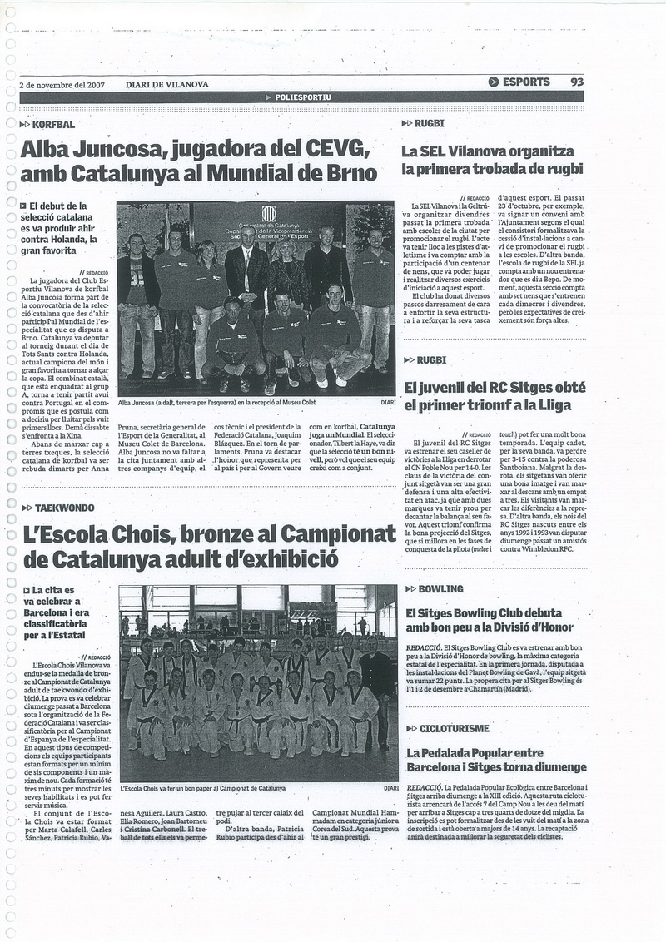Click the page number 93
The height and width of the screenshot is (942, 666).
(x=577, y=82)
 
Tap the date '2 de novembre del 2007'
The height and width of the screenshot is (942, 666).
(x=62, y=84)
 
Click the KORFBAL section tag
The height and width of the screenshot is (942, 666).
(x=53, y=124)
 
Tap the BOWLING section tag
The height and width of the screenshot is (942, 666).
(x=440, y=588)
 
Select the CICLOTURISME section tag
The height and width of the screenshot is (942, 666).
(x=453, y=728)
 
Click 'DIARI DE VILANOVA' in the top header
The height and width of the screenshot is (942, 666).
(x=166, y=84)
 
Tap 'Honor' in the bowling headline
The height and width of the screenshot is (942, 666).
(x=561, y=629)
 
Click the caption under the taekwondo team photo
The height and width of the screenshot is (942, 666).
(x=202, y=787)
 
